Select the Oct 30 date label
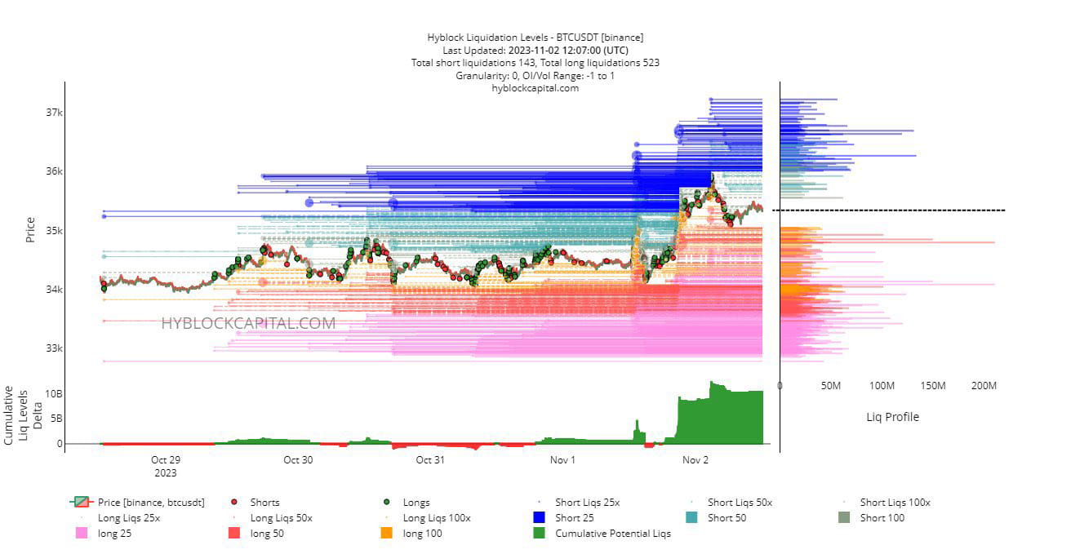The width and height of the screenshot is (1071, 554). point(298,460)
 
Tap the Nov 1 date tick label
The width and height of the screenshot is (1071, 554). point(562,460)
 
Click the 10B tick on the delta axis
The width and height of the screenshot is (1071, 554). point(53,394)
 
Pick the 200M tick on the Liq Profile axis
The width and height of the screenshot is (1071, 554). point(984,385)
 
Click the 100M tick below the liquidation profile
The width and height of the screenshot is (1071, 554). point(882,385)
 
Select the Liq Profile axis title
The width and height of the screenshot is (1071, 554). point(892,417)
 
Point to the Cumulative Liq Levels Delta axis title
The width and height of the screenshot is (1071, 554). point(23,414)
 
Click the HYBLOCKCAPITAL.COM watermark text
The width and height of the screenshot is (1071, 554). point(248,324)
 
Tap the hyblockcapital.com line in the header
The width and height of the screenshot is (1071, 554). point(535,88)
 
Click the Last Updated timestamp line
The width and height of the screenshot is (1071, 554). point(535,50)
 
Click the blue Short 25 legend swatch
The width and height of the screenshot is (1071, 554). point(539,518)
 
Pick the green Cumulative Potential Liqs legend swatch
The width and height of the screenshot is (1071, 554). point(539,534)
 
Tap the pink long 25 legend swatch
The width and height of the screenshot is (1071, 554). point(82,534)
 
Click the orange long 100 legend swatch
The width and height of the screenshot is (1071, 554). point(387,534)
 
